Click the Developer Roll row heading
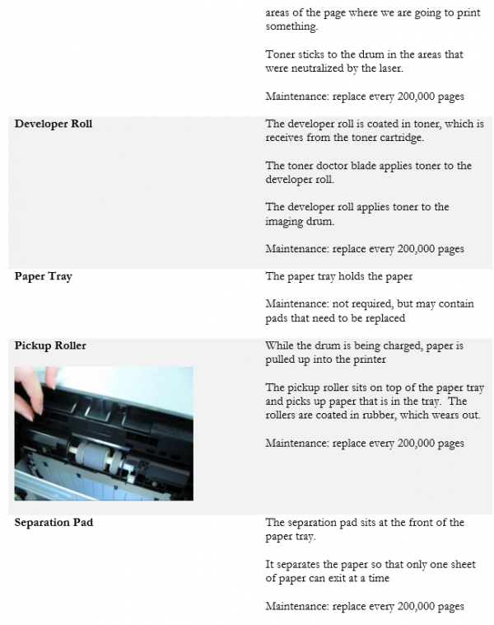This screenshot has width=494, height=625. coord(54,125)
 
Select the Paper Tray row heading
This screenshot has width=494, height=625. coord(43,276)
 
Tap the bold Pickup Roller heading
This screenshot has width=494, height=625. coord(50,345)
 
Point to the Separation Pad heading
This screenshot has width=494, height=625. coord(54,523)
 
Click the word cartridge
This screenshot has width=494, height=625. coord(398,138)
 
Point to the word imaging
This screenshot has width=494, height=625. coord(285,221)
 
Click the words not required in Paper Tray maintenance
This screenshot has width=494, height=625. coord(359,304)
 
